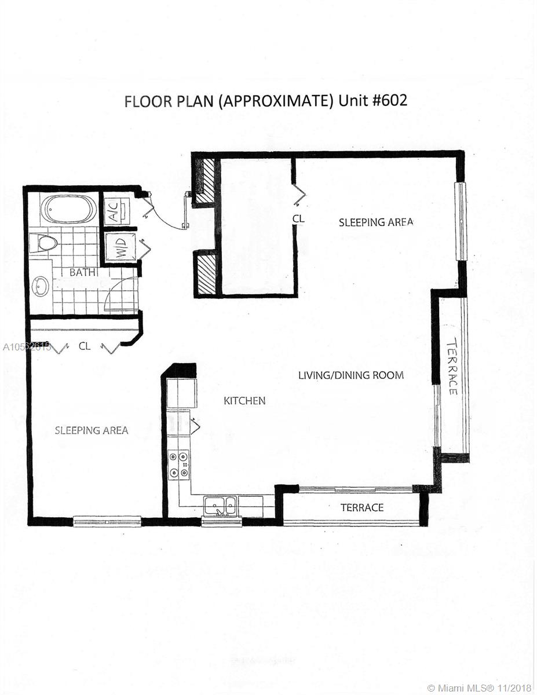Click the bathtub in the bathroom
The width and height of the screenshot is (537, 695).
[x=69, y=209]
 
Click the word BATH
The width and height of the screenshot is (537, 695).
[x=82, y=272]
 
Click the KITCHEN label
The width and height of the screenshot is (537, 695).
[x=244, y=401]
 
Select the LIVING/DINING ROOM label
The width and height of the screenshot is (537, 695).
[x=351, y=375]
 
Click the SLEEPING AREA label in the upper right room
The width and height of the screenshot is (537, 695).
[x=376, y=222]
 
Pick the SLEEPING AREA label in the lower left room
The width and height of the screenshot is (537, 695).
[x=92, y=430]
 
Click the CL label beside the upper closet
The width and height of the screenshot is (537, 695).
[x=298, y=219]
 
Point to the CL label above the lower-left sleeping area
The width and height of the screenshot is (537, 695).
[x=85, y=346]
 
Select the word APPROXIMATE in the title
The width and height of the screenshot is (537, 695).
[x=276, y=101]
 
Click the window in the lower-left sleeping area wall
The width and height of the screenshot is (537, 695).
[x=107, y=521]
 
